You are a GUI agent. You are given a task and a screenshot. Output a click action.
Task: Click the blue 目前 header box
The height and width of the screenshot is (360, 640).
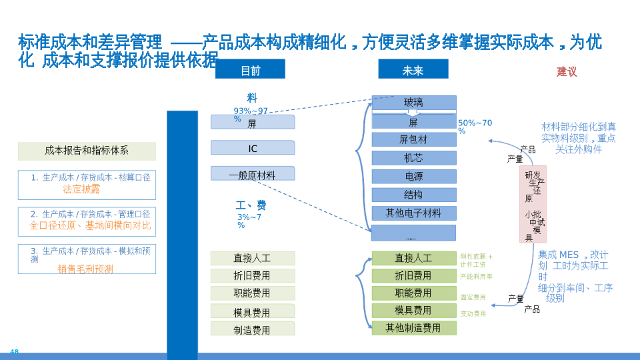click(x=250, y=69)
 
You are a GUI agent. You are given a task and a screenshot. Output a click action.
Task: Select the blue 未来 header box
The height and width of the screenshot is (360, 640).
click(x=413, y=69)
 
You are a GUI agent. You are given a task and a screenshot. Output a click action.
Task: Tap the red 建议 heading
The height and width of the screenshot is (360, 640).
click(x=567, y=71)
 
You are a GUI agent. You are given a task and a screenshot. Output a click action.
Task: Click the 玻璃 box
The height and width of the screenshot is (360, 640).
click(x=413, y=103)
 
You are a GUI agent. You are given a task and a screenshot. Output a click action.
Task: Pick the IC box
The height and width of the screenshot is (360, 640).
click(x=253, y=148)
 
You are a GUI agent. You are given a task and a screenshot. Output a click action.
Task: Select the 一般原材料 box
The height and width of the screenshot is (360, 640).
click(x=253, y=175)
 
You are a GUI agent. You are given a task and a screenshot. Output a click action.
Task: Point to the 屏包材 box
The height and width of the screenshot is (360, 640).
click(x=413, y=139)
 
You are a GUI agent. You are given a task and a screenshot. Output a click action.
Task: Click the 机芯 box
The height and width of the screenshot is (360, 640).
click(x=413, y=158)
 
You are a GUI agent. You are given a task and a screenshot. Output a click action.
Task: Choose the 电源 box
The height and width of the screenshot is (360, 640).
click(x=413, y=177)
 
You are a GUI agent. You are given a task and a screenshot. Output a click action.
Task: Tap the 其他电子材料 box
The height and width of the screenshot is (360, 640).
click(x=413, y=213)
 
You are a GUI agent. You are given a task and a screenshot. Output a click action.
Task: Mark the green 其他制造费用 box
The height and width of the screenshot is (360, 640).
click(x=413, y=328)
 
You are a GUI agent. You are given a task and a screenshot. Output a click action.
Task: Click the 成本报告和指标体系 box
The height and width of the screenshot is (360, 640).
click(x=87, y=151)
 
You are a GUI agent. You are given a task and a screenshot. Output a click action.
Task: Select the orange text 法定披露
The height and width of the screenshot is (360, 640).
click(x=81, y=189)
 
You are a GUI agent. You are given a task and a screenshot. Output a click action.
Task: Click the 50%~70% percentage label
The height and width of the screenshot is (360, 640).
click(x=475, y=126)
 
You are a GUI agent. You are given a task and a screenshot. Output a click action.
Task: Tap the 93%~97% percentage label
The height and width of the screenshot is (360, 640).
click(x=250, y=114)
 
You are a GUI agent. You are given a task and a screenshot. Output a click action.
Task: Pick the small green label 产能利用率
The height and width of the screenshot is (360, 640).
click(x=476, y=277)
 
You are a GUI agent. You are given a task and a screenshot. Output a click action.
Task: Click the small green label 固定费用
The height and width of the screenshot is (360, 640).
click(x=473, y=297)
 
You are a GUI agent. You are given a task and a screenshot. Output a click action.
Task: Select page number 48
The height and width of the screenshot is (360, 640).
click(x=14, y=351)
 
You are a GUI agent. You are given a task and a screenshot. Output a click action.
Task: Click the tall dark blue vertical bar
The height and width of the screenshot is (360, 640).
click(x=182, y=233)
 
